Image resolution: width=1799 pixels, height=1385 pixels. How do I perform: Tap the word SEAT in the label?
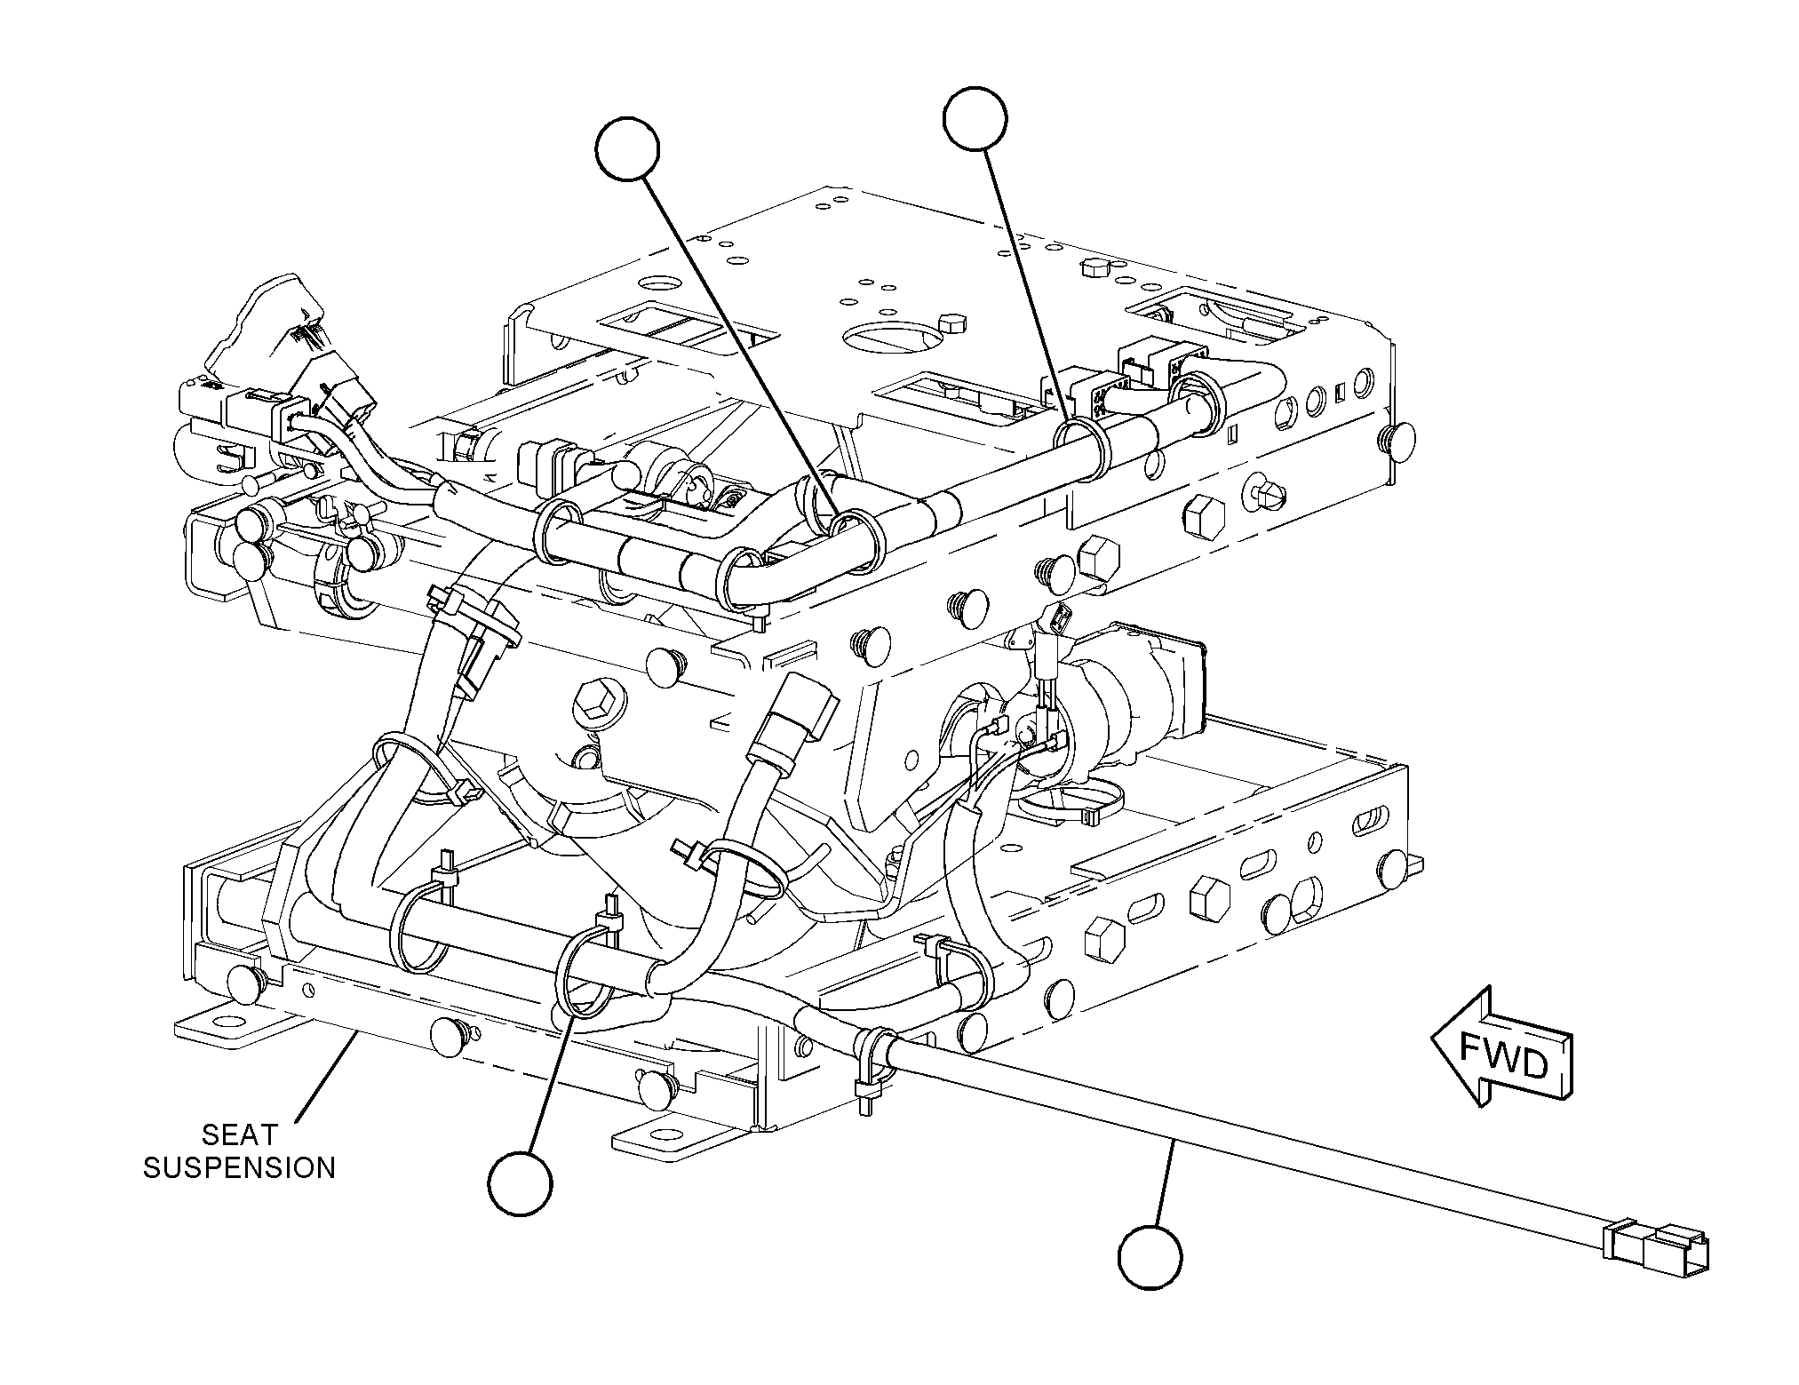tap(240, 1134)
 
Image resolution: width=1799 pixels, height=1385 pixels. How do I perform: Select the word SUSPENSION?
tap(240, 1167)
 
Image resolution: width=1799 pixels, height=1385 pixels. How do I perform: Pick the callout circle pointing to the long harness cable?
tap(1150, 1257)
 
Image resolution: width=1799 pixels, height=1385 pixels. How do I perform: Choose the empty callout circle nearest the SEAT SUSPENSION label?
tap(520, 1182)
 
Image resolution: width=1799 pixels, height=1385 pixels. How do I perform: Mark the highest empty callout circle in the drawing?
tap(975, 119)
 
